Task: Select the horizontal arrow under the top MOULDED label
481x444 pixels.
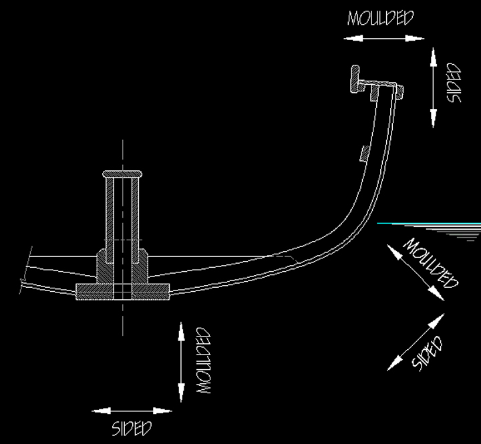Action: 384,39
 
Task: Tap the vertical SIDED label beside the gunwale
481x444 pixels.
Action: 454,83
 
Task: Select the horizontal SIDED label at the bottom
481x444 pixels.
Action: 132,427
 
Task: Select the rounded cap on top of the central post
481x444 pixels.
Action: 122,174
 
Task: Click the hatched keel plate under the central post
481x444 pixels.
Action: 94,290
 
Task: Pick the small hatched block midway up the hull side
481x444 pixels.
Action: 363,153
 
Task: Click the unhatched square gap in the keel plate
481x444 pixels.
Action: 122,291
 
